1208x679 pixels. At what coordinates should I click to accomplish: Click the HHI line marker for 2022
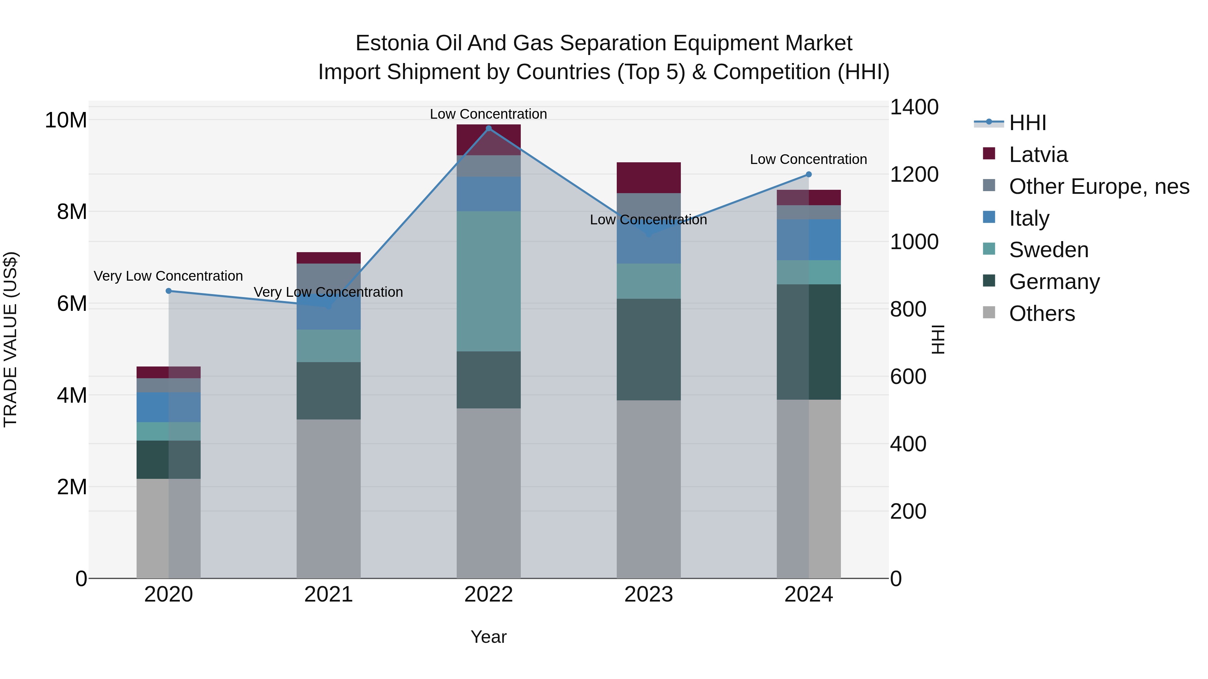[x=488, y=128]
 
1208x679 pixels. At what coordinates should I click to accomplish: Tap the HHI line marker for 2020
[x=169, y=291]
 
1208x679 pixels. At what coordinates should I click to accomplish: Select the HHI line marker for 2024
[x=808, y=174]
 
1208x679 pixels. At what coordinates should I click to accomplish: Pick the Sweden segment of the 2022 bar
[x=488, y=281]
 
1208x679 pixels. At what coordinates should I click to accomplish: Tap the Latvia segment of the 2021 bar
[x=328, y=258]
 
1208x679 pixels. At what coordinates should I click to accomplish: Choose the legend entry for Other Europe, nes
[x=1098, y=186]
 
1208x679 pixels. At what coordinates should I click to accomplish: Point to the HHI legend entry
[x=1027, y=123]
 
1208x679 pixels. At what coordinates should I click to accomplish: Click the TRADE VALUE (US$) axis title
[x=10, y=339]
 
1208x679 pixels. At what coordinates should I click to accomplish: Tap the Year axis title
[x=488, y=637]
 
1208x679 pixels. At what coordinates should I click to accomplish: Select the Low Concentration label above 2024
[x=808, y=159]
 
